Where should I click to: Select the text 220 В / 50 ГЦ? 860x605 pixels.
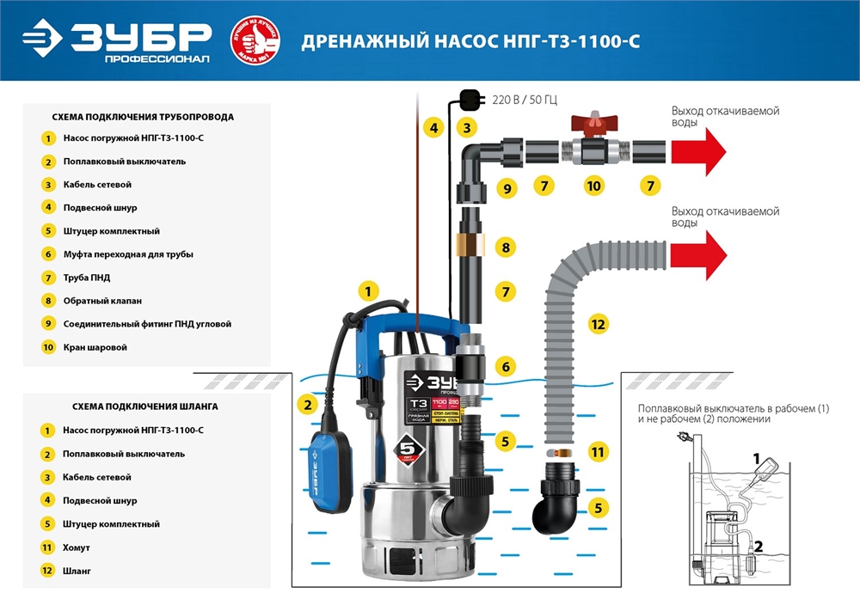[x=524, y=100]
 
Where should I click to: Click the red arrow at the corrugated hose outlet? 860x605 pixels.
[x=697, y=257]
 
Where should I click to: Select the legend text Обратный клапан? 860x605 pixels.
[x=101, y=301]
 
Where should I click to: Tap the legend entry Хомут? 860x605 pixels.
[x=77, y=547]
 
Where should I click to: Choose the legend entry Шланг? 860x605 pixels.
[x=77, y=570]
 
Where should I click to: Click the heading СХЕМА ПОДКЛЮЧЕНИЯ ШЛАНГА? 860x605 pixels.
[x=133, y=406]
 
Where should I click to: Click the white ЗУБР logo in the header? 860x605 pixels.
[x=117, y=40]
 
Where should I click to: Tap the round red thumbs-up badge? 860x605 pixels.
[x=255, y=41]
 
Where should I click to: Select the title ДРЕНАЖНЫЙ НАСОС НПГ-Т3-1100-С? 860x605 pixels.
[x=470, y=42]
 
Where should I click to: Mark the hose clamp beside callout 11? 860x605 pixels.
[x=559, y=451]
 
